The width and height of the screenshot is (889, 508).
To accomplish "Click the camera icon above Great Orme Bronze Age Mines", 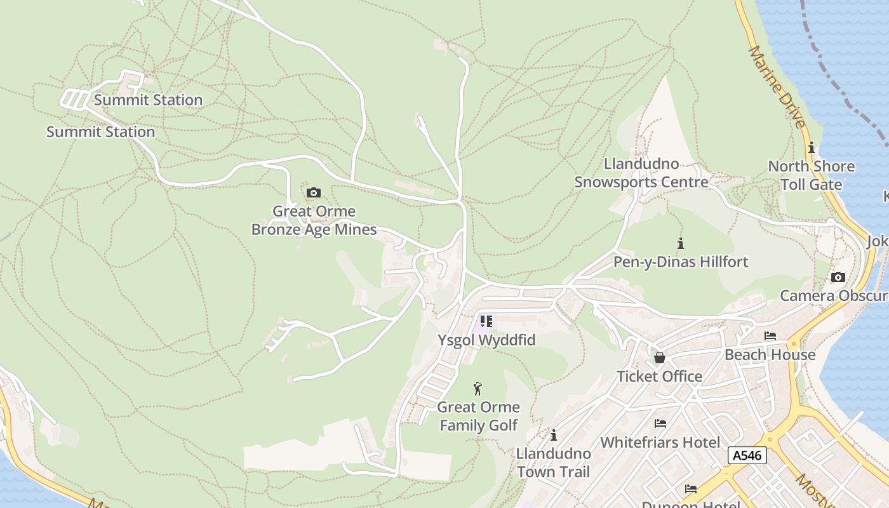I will pos(313,192).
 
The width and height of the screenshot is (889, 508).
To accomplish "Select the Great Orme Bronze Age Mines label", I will pos(314,220).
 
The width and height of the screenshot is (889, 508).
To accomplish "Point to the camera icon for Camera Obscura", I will pos(838,277).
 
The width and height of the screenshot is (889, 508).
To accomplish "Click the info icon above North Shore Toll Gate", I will pos(812,148).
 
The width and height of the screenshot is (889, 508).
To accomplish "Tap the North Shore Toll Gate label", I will pos(811,175).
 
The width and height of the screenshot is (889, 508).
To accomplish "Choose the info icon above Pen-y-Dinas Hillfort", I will pos(681,243).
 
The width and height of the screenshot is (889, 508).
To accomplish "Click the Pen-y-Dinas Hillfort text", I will pos(681,262).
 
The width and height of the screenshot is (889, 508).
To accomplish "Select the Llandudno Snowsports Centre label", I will pos(641,173).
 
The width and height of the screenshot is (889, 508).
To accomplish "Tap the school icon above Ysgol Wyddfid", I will pos(486,321).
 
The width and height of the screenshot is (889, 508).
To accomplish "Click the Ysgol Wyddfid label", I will pos(486,340).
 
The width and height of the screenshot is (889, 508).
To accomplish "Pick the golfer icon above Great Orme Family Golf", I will pos(478,388).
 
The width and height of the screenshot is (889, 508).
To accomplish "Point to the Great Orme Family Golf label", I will pos(478,416).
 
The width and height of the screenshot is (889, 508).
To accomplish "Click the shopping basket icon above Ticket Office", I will pos(660,358).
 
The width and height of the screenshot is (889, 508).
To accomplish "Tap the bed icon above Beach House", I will pos(770,336).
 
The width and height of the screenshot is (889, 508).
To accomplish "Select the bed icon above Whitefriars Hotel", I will pos(660,423).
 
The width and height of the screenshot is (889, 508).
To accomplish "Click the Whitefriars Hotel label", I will pos(660,442).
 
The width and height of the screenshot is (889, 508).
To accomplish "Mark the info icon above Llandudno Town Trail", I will pos(554,435).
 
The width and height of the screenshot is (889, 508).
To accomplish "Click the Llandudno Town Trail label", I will pos(554,463).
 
